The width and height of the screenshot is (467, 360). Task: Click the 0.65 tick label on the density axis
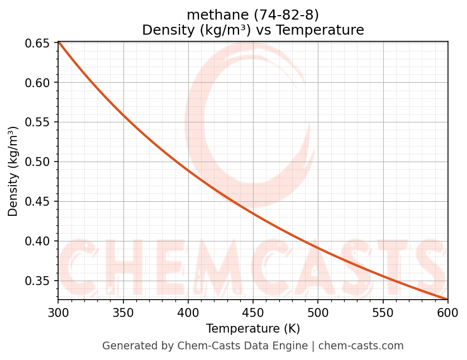coord(37,43)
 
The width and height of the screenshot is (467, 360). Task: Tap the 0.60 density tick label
coord(37,83)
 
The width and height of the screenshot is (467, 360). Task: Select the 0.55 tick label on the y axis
coord(37,122)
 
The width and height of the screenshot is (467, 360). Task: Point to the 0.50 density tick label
coord(37,162)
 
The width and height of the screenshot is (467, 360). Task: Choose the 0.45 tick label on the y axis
coord(37,202)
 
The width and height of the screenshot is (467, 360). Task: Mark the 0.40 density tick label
coord(37,241)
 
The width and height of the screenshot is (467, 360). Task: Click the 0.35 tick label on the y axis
coord(37,281)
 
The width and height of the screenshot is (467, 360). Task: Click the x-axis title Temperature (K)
coord(253,329)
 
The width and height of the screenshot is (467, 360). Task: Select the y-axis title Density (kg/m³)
coord(13,171)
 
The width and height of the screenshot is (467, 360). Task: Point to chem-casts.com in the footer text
coord(361,346)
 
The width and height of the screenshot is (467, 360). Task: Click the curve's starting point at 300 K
coord(59,42)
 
